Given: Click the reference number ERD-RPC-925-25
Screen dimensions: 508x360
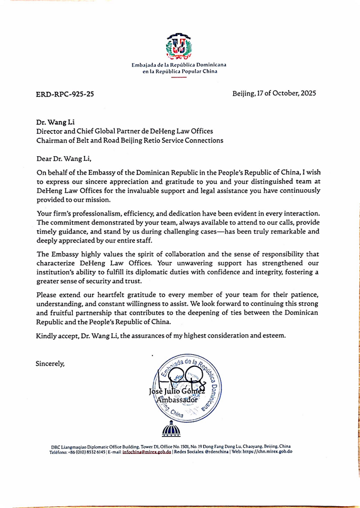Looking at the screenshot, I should [x=65, y=94].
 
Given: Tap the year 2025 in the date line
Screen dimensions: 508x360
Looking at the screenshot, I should [x=305, y=94].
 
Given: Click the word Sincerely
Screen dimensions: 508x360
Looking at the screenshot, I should [x=50, y=363].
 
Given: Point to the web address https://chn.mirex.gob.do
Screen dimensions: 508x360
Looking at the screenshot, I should [x=268, y=452].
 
